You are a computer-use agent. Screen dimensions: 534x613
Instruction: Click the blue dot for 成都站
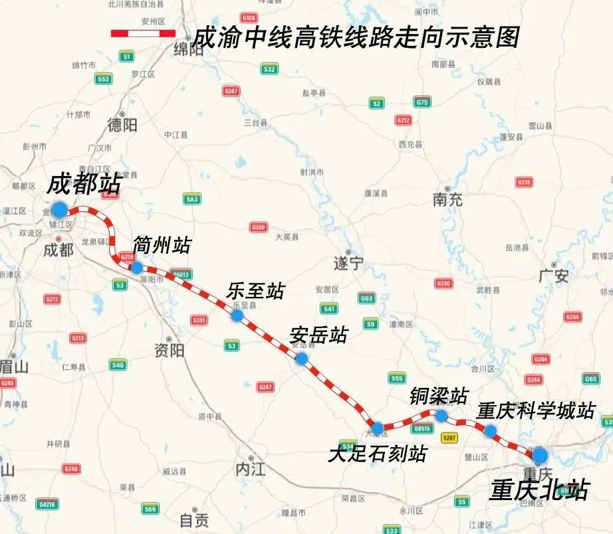tap(59, 210)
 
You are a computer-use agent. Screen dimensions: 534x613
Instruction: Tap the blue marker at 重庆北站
tap(539, 455)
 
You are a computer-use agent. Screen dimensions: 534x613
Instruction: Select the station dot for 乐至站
tap(237, 315)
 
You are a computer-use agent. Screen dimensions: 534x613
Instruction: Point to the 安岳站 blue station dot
tap(301, 359)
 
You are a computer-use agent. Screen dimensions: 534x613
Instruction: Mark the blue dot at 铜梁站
tap(441, 415)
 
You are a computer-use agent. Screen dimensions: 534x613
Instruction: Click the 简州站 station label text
tap(162, 245)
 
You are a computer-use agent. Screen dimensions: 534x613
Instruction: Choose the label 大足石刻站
tap(377, 453)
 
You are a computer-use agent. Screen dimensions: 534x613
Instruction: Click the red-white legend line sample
tap(143, 34)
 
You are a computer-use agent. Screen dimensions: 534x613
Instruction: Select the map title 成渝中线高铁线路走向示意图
tap(354, 37)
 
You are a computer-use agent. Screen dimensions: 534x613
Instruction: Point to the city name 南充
tap(447, 199)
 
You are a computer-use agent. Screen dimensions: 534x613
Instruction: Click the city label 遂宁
tap(348, 264)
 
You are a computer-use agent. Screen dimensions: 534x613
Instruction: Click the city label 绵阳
tap(187, 50)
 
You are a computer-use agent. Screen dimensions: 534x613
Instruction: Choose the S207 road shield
tap(450, 438)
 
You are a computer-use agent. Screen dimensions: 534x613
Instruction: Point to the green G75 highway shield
tap(422, 102)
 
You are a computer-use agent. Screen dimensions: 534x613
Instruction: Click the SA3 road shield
tap(192, 199)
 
